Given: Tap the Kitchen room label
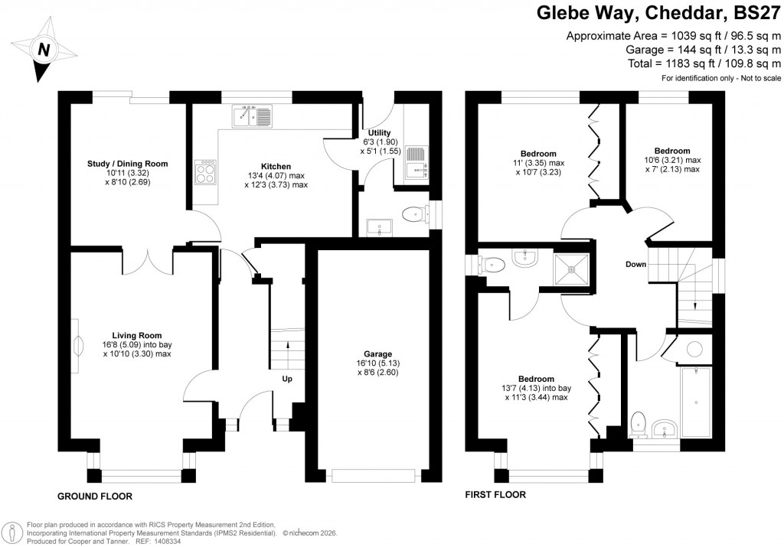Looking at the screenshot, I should click(276, 166).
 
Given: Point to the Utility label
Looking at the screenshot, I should click(380, 133).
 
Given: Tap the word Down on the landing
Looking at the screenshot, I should click(635, 265).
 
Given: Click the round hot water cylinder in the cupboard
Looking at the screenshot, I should click(694, 350).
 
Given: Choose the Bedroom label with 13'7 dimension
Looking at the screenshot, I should click(536, 379).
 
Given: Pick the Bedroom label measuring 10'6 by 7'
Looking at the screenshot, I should click(672, 151).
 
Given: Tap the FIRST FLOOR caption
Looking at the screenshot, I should click(495, 495).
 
